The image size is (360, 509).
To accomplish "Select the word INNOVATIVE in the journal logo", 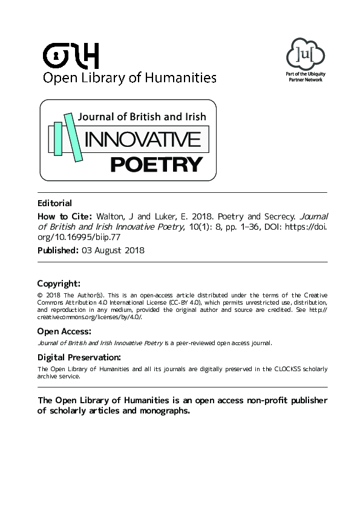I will coord(143,140).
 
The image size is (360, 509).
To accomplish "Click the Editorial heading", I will coord(54,203).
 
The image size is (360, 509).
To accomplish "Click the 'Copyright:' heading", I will coord(59,283).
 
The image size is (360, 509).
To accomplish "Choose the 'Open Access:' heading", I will coord(64,331).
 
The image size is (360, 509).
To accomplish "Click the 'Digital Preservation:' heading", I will coord(79,357).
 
